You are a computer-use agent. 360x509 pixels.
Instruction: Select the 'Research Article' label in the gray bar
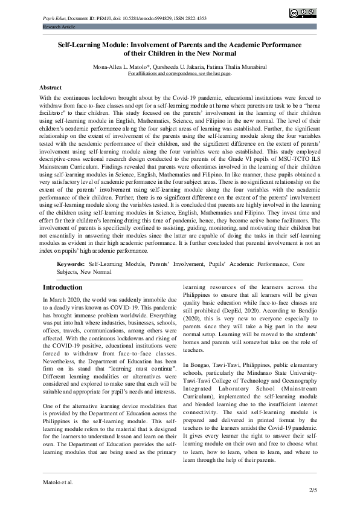(59, 27)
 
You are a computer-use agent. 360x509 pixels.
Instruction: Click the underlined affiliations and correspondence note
(179, 73)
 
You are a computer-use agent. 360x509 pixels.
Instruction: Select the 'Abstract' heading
(50, 88)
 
